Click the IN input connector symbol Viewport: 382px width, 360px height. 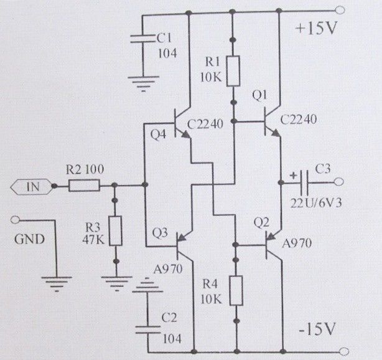click(31, 187)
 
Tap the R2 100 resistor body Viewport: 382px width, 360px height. click(84, 186)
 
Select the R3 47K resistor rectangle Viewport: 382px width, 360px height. click(116, 230)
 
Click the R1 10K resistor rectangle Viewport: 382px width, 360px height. click(233, 71)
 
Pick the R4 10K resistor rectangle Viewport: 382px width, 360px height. click(236, 290)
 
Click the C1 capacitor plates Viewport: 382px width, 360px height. click(142, 39)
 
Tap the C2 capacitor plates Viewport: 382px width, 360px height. click(148, 329)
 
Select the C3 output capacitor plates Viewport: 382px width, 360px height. click(304, 182)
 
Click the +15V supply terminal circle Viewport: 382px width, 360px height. click(340, 10)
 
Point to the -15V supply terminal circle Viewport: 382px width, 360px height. click(344, 352)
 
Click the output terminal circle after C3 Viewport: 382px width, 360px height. click(339, 182)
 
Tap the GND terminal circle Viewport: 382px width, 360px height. click(15, 220)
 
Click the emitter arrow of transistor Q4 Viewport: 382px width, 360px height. click(185, 135)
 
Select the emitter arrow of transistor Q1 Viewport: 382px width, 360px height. click(275, 133)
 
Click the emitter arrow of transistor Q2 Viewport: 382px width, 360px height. click(271, 235)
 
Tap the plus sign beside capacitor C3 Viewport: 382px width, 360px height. click(293, 175)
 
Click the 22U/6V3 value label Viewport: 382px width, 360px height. click(316, 203)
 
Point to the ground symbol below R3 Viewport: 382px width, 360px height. click(117, 283)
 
